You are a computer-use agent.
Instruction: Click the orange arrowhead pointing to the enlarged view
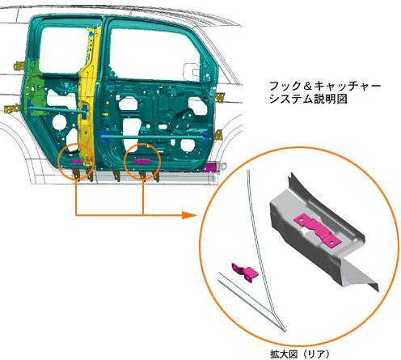188,215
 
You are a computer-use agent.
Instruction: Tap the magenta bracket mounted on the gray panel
318,231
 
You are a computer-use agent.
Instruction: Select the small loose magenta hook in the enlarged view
245,273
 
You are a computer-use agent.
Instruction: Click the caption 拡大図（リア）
300,354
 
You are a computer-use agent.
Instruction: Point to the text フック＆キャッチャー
325,86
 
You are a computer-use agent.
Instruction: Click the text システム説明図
308,99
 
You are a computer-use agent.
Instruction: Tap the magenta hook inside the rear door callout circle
77,162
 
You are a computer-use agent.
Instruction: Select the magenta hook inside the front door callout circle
141,162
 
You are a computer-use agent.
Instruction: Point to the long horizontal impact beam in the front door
152,138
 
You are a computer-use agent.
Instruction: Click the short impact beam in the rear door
57,109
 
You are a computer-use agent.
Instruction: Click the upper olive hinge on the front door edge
220,97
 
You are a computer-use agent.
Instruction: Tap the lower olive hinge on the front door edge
218,135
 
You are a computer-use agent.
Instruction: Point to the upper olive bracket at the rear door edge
19,66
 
